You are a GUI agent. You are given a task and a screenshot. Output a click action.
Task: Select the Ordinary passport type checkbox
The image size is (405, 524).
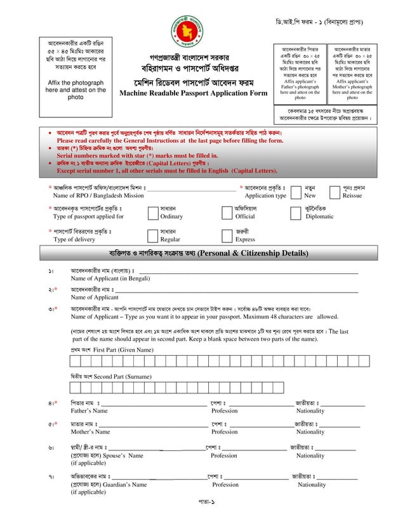pos(152,213)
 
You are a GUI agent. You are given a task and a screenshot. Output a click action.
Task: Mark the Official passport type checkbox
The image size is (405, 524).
pos(227,213)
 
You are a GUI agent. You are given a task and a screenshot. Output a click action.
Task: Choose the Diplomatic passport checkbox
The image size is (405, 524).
pos(295,213)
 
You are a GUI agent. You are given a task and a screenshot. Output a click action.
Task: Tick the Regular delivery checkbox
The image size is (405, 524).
pos(152,235)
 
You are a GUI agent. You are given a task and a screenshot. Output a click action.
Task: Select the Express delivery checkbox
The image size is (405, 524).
pos(227,235)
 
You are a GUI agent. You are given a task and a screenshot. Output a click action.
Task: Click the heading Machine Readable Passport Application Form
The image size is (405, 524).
pos(194,93)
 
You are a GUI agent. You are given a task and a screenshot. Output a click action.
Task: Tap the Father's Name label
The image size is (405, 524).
pos(89,410)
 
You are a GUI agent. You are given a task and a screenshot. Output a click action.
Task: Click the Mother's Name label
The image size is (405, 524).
pos(90,432)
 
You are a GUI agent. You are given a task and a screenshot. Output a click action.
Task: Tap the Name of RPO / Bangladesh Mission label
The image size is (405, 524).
pos(98,196)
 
